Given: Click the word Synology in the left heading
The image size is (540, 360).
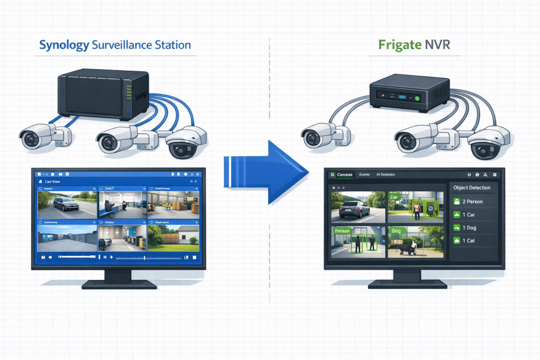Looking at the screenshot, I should pos(64,45).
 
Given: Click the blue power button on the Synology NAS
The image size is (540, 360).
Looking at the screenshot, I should pos(128,112).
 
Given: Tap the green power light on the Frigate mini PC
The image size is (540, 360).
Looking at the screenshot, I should pos(417,98).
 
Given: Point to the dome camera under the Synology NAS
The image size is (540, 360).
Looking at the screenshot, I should pos(185,143).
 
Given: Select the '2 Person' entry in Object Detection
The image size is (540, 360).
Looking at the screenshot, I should pos(472,202).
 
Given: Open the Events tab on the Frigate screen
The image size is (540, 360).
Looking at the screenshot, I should pos(365,174).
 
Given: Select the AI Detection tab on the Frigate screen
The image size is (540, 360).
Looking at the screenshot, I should pos(386,174).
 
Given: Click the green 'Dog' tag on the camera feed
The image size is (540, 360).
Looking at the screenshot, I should pos(395,231).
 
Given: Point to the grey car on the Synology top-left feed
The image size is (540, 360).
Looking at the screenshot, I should pos(66,203).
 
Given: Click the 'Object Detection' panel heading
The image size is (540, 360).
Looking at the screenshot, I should pos(472,188).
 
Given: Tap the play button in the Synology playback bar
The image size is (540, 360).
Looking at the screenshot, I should pos(112,257).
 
